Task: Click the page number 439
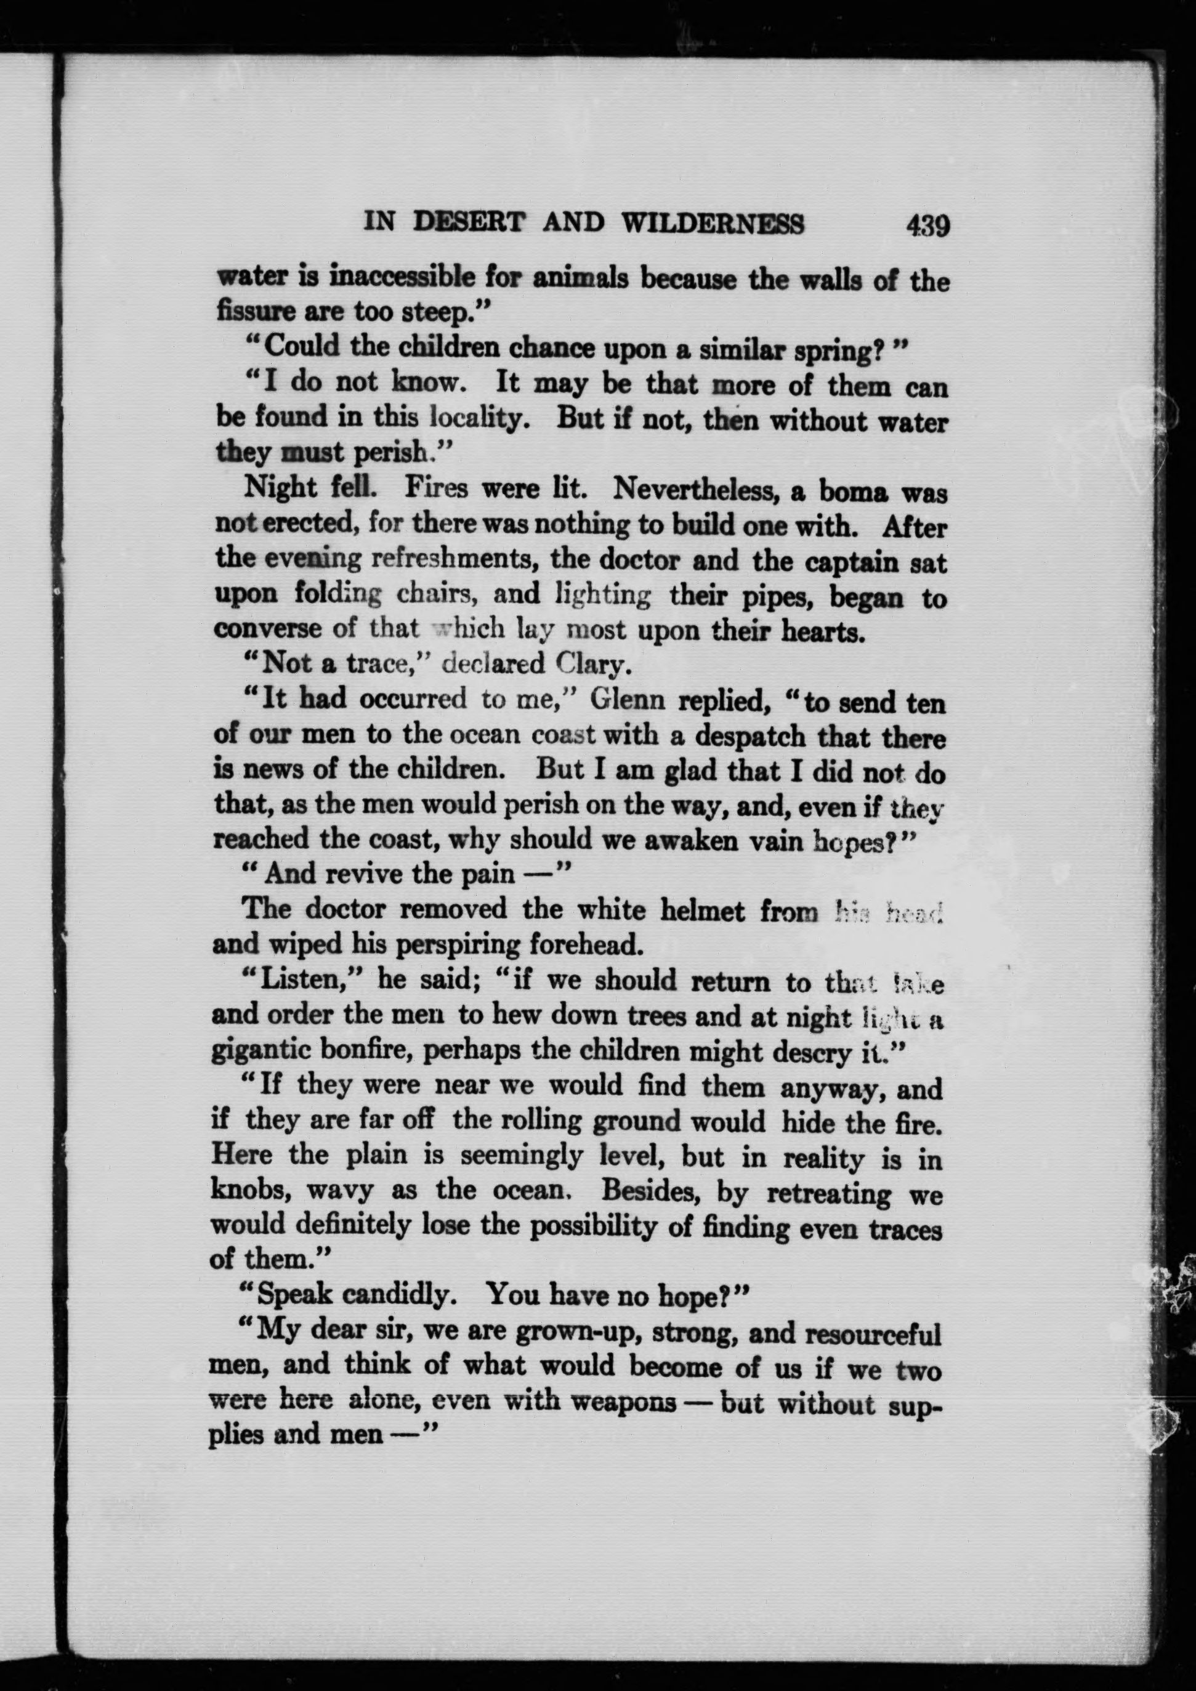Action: point(928,225)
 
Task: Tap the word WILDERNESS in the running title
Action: point(714,223)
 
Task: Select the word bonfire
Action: point(374,1051)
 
